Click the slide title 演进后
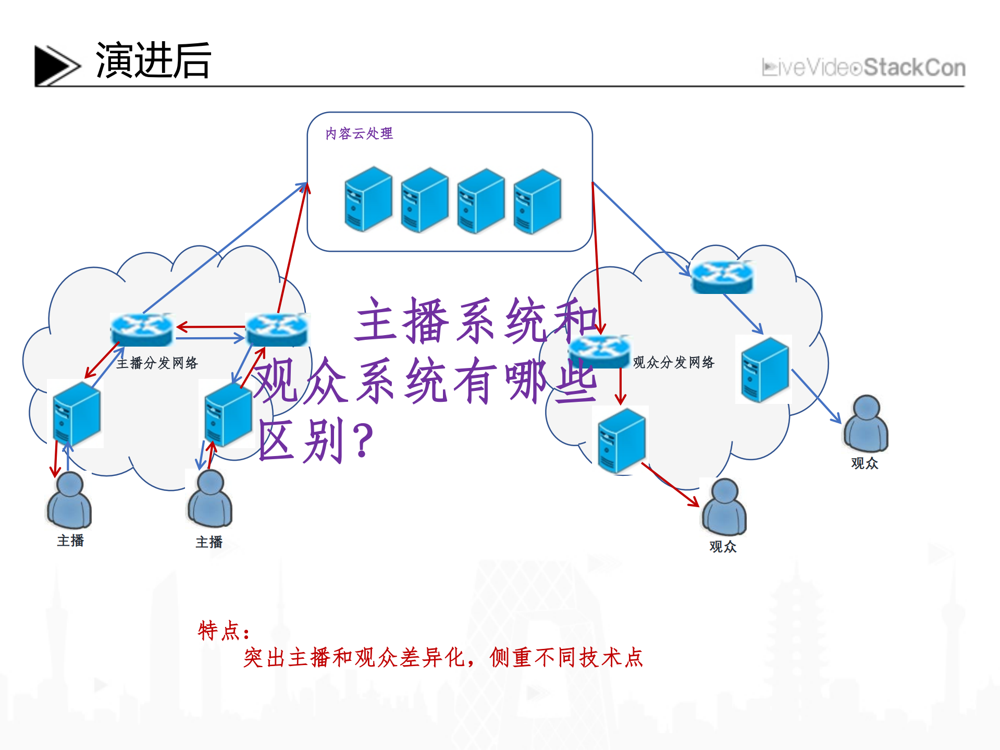click(x=153, y=61)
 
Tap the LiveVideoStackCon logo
click(x=863, y=68)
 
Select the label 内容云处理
click(x=359, y=134)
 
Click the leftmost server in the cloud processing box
click(x=368, y=199)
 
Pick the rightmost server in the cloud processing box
click(x=537, y=201)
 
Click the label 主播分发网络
click(x=157, y=363)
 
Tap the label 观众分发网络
click(x=673, y=362)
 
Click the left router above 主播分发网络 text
click(x=141, y=329)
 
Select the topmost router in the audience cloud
click(x=722, y=277)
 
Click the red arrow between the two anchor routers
click(x=211, y=327)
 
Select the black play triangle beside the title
click(x=54, y=65)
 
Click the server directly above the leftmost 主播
click(x=77, y=414)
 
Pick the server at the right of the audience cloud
click(x=764, y=370)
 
